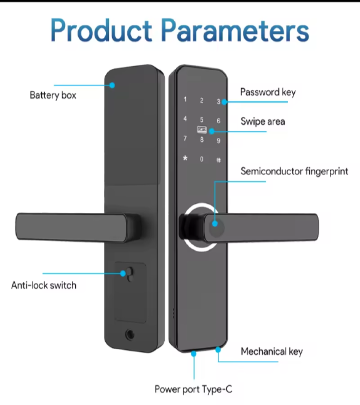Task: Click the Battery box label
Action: click(53, 95)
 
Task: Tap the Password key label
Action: click(268, 92)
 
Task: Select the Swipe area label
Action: click(263, 121)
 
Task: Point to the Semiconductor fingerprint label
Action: click(294, 171)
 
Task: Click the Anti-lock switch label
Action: click(44, 285)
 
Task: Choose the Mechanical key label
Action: click(272, 351)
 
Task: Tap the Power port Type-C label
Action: click(193, 389)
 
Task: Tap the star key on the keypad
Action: click(185, 158)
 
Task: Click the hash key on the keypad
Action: click(219, 160)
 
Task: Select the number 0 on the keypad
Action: click(202, 159)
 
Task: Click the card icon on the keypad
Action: click(202, 130)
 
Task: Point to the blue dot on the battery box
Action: click(112, 85)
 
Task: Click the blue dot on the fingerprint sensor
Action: click(215, 224)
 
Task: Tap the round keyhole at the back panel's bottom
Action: click(130, 334)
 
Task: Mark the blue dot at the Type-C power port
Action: click(193, 354)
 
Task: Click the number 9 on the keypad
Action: click(219, 140)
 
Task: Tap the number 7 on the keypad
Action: click(185, 139)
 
